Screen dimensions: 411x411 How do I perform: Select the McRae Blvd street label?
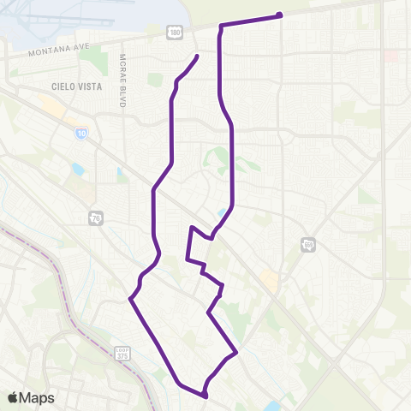click(122, 82)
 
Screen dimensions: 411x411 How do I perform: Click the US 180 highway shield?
click(175, 33)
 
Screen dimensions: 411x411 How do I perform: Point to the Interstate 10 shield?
click(80, 134)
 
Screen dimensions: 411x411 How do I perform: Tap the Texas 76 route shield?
click(94, 219)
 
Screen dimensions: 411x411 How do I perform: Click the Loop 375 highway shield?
click(122, 353)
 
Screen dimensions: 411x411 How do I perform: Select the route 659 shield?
click(308, 245)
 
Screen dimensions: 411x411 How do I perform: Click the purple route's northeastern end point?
click(280, 15)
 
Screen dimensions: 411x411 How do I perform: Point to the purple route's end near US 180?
click(198, 57)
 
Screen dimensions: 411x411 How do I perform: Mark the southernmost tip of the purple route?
click(205, 396)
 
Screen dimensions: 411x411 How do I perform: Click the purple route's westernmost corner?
click(130, 298)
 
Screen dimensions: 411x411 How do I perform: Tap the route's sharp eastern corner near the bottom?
click(235, 352)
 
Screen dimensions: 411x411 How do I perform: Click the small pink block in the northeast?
click(391, 55)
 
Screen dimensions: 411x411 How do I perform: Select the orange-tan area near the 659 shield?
click(271, 279)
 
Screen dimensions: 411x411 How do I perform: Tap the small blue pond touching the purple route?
click(224, 212)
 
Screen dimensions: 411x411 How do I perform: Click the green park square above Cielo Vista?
click(154, 80)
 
